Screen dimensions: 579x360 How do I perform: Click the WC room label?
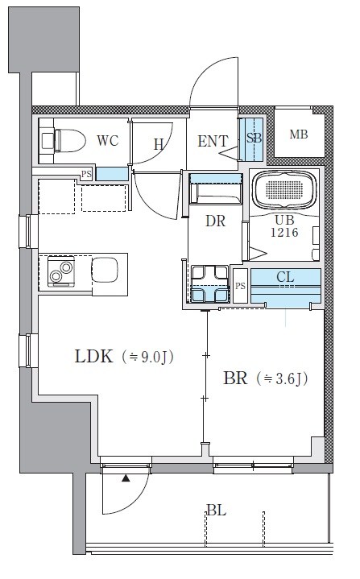[107, 141]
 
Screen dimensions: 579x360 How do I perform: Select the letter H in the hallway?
[159, 144]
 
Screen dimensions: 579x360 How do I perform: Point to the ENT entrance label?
[213, 142]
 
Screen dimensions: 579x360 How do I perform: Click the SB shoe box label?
[254, 138]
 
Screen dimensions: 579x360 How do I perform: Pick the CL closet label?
[285, 278]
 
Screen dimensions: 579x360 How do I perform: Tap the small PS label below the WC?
[86, 173]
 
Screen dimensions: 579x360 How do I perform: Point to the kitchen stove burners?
[60, 272]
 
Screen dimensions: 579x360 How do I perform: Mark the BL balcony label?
[215, 511]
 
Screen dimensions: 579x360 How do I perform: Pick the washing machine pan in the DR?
[209, 284]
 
